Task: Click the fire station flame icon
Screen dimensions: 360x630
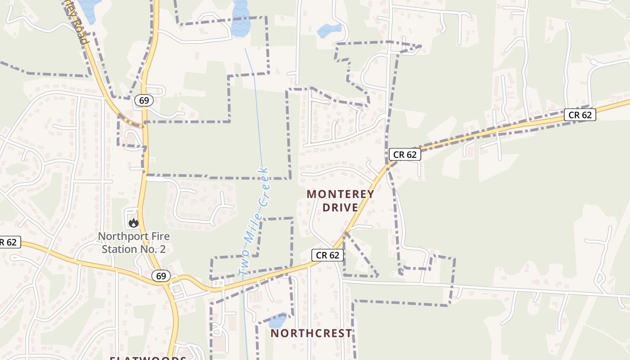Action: [x=133, y=222]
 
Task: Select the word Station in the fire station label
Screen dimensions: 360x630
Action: [x=119, y=249]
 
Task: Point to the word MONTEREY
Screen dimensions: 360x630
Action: [x=340, y=194]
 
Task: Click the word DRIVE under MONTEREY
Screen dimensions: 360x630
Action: [x=340, y=207]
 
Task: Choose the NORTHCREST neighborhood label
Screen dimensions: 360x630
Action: [x=311, y=333]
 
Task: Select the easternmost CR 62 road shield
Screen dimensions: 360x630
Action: [x=580, y=115]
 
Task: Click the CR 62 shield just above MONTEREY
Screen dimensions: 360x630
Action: [x=405, y=154]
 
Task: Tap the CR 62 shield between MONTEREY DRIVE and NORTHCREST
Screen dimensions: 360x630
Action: [x=328, y=255]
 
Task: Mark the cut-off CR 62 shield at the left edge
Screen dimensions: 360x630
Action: [x=9, y=242]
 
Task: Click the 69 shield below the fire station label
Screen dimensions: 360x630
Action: [x=161, y=276]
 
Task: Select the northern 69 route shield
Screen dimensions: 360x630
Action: [x=144, y=100]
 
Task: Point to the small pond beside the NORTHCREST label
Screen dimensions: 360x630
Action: [x=277, y=321]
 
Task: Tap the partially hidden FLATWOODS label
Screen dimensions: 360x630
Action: [x=148, y=358]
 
